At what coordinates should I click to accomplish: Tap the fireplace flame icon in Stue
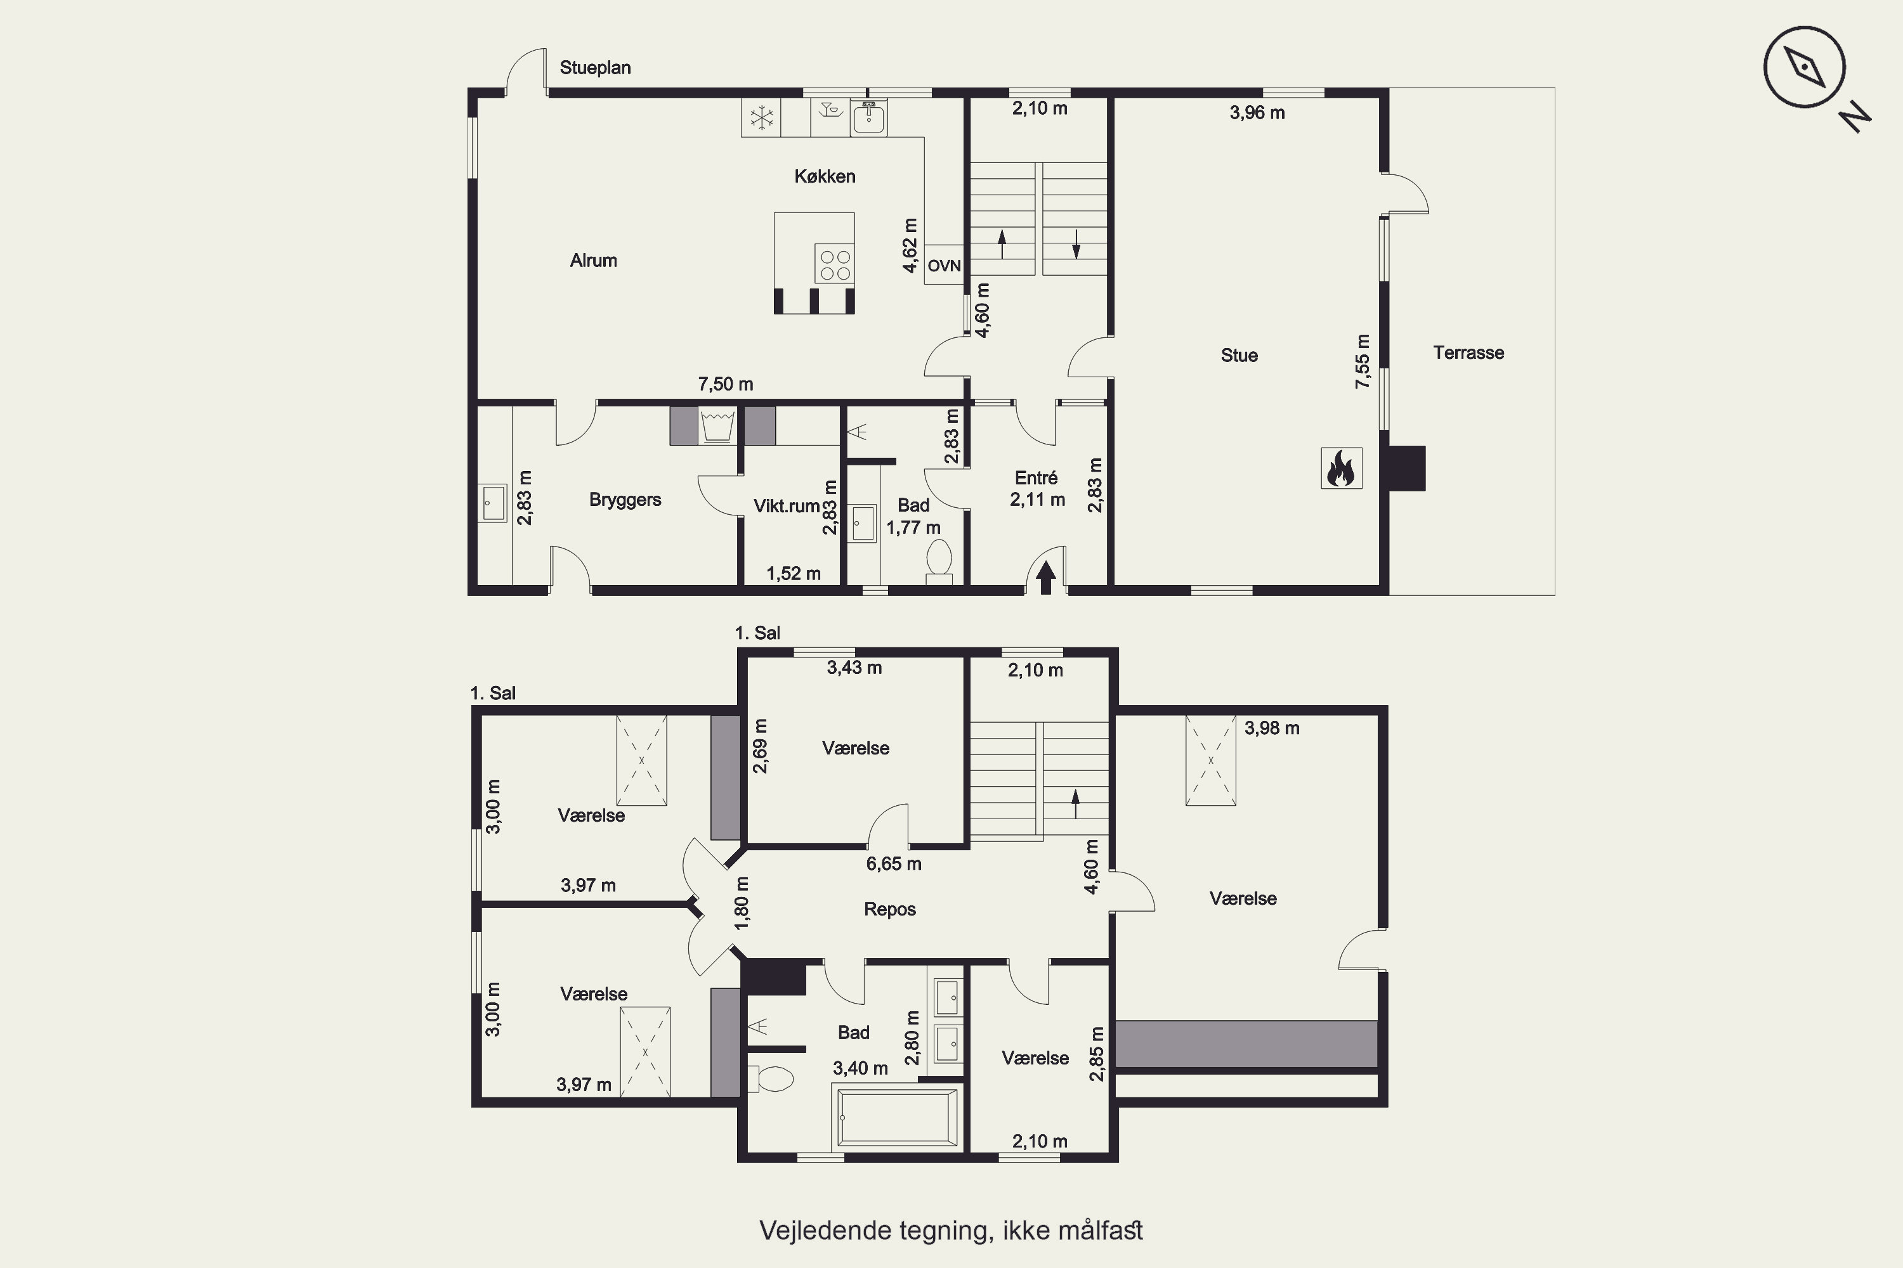(x=1341, y=469)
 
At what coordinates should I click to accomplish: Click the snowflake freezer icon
(x=761, y=118)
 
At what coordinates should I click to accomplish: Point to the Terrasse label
(x=1468, y=353)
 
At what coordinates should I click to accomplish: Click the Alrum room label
(x=593, y=261)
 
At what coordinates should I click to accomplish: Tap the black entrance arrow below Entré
(x=1046, y=578)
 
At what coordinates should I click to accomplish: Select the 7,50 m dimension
(x=726, y=384)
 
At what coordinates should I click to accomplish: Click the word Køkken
(x=825, y=176)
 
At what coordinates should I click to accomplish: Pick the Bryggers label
(x=625, y=500)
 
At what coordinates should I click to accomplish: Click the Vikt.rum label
(x=787, y=506)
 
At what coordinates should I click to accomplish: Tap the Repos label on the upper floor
(x=890, y=909)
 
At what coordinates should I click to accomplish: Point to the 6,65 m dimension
(x=894, y=864)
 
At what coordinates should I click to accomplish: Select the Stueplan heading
(x=596, y=68)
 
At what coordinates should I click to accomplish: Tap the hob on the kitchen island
(x=835, y=264)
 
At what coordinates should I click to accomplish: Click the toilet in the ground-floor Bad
(x=939, y=561)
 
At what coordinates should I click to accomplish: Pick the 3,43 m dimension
(x=854, y=668)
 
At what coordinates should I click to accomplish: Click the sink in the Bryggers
(x=492, y=503)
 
